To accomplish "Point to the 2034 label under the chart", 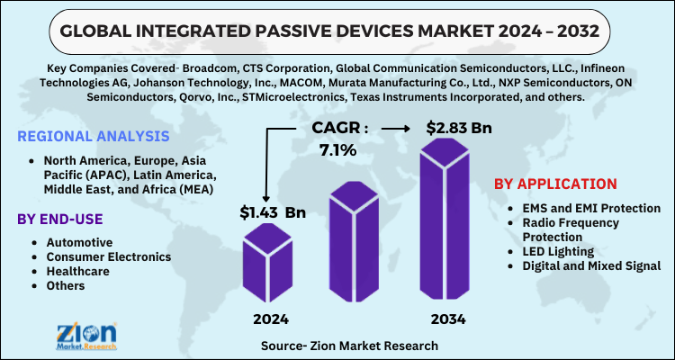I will tap(448, 318).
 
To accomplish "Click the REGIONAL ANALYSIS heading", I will tap(93, 136).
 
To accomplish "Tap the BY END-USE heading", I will tap(59, 219).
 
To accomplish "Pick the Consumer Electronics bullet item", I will tap(108, 256).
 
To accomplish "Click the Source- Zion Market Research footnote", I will tap(349, 345).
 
